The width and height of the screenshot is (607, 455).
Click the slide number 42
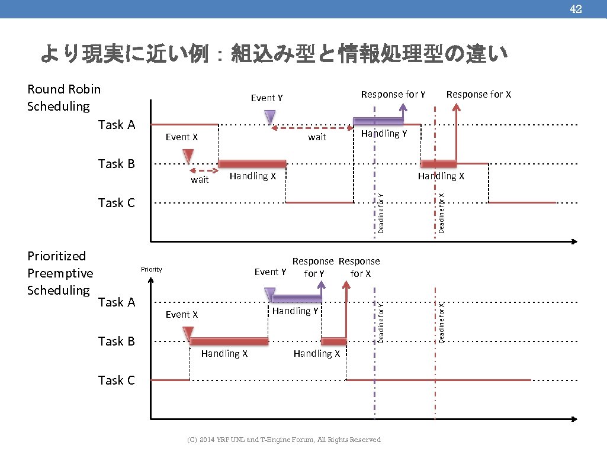576,9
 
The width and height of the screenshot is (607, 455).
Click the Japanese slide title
274,54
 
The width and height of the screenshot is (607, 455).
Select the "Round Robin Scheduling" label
64,98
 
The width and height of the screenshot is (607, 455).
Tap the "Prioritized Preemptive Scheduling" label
60,273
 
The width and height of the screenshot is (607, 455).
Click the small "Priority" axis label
151,269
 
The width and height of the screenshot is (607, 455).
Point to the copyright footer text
284,440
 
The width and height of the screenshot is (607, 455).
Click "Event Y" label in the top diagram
266,98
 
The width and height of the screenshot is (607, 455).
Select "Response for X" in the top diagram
478,94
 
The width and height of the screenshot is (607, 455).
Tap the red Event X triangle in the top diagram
188,155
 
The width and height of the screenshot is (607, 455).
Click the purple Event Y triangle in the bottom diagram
270,293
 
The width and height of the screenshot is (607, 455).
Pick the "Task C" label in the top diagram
116,202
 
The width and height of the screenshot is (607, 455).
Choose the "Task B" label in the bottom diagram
116,341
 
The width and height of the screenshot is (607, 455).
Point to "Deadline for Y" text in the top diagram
381,212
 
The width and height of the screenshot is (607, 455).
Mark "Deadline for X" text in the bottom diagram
441,322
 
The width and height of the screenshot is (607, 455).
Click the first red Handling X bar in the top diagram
252,164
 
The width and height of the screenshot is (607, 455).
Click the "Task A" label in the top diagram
116,124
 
